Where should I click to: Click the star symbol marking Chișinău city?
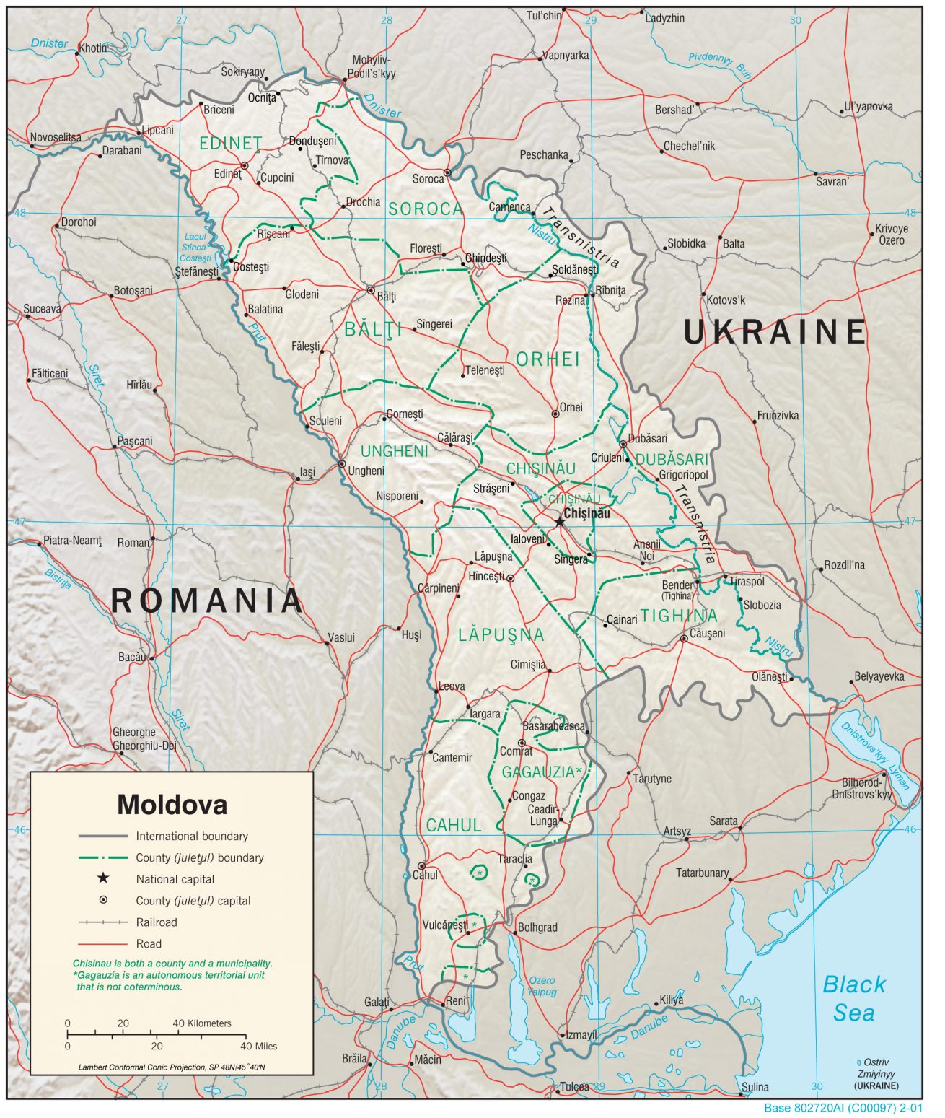559,521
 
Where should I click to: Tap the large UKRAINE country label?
774,332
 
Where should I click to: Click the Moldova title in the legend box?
172,804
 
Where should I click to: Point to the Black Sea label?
854,998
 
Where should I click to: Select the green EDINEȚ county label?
230,143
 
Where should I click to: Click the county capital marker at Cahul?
421,865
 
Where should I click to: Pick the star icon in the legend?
103,878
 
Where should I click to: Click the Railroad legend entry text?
156,922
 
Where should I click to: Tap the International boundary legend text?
191,836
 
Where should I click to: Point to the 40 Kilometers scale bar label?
202,1023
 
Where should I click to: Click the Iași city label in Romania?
307,472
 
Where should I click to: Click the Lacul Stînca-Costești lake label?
195,247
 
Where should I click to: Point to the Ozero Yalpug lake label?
542,986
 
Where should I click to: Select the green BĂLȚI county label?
372,330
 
